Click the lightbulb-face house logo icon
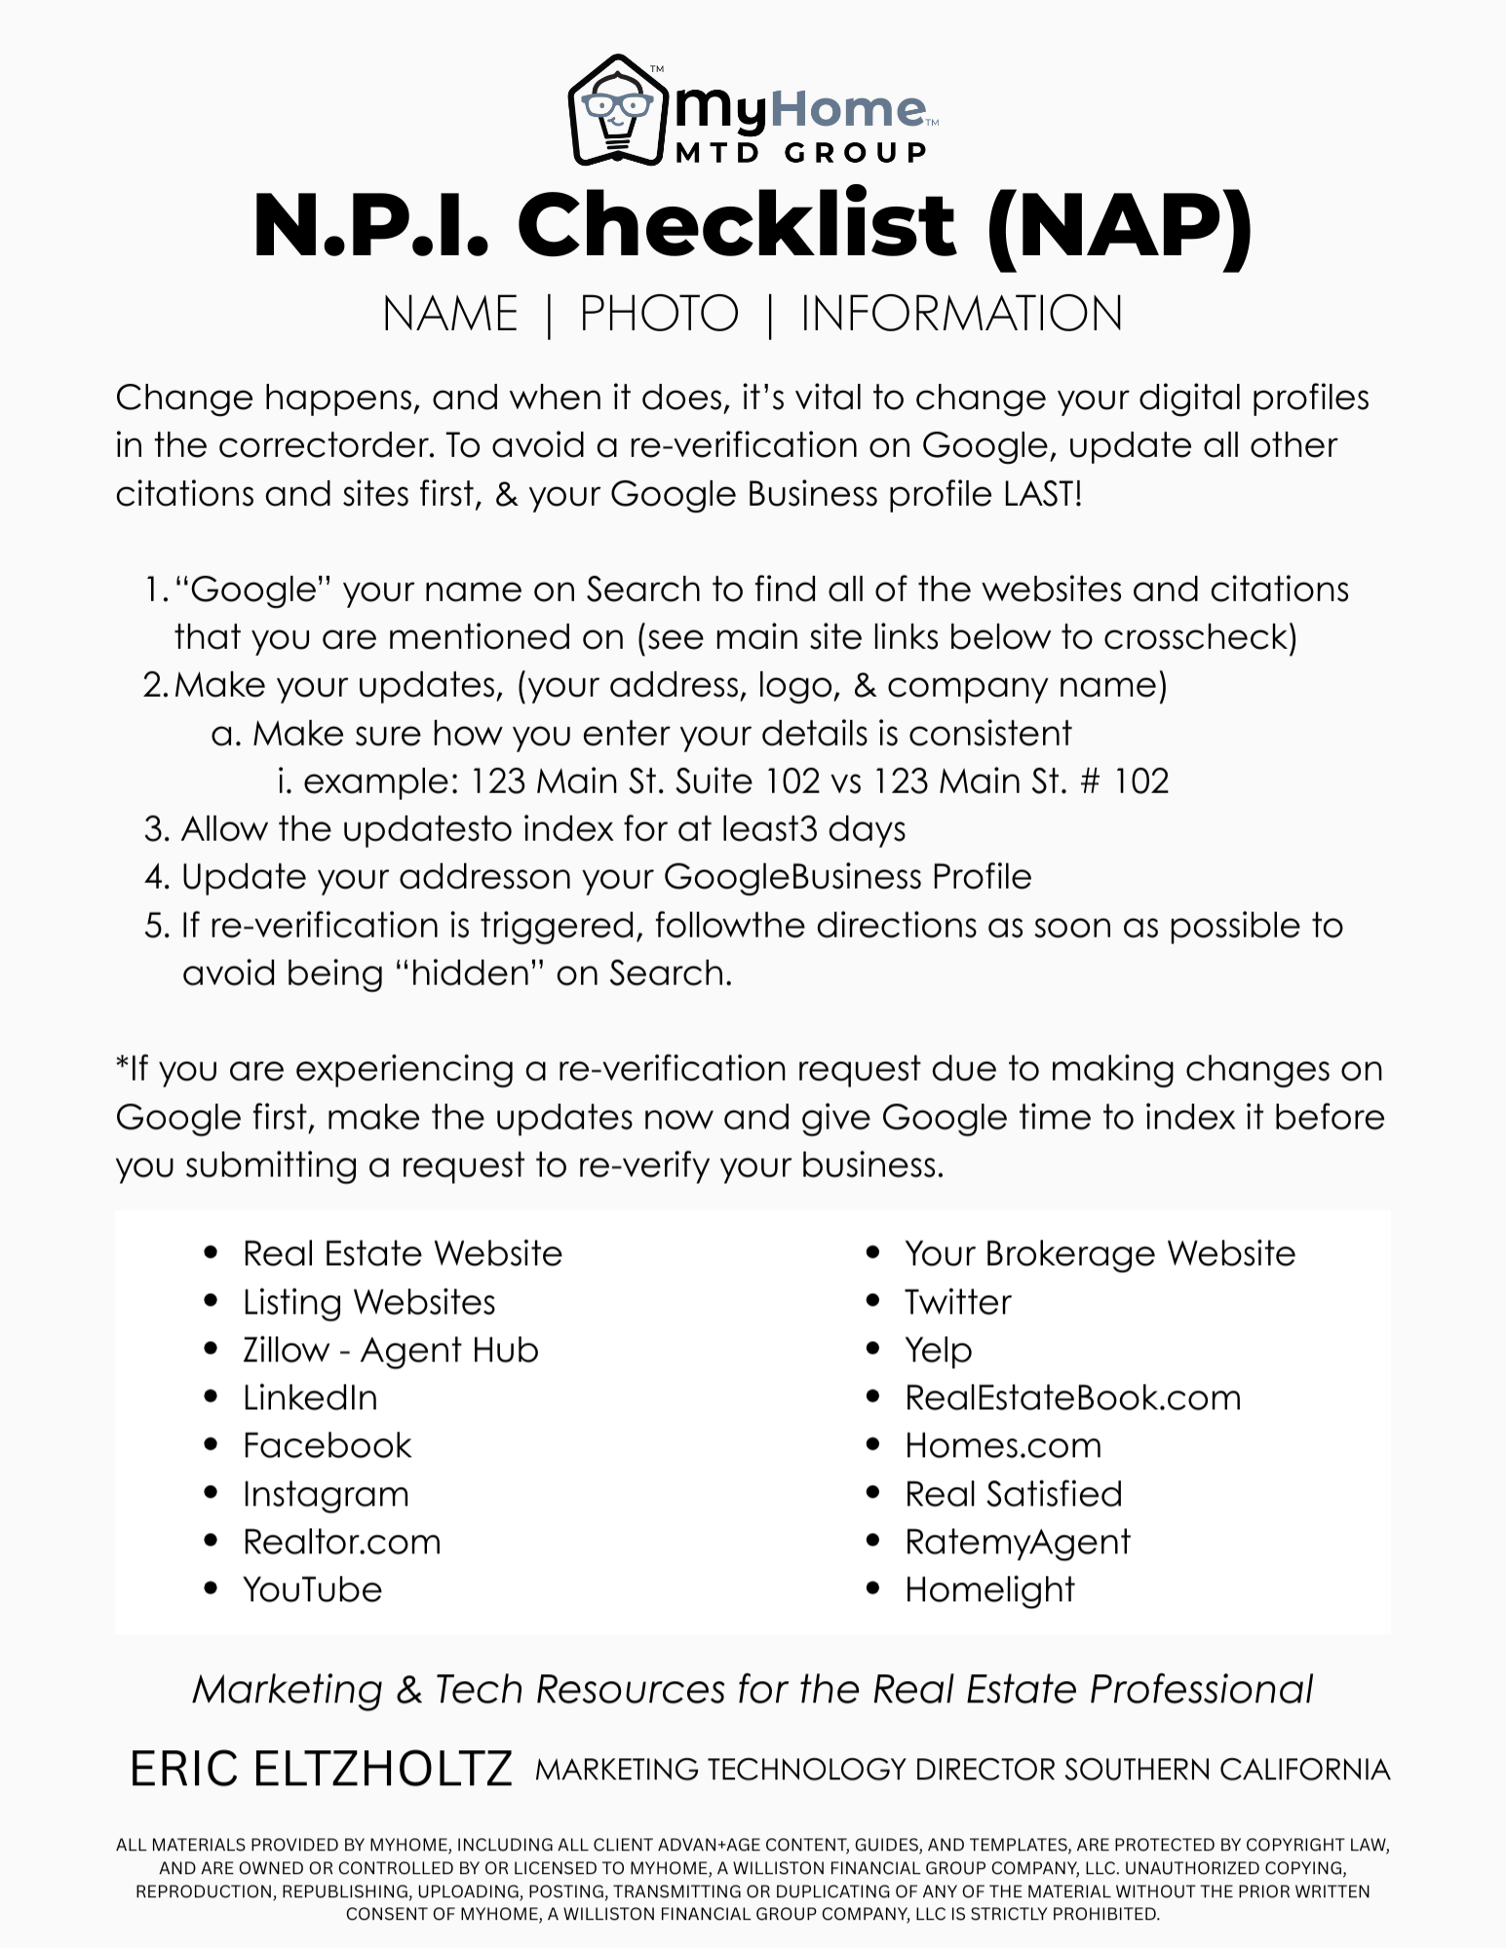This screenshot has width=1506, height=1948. pos(616,110)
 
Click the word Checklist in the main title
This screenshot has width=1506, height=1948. pos(736,225)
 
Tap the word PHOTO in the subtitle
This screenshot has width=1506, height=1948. pos(659,314)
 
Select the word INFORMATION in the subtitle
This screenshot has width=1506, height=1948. pos(961,314)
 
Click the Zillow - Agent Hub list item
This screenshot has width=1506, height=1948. pos(390,1350)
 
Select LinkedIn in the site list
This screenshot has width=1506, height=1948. pos(310,1397)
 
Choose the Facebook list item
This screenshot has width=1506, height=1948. pos(327,1445)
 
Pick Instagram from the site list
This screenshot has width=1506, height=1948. pos(326,1494)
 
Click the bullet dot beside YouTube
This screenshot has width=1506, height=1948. pos(211,1588)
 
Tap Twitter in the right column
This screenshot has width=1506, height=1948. pos(957,1302)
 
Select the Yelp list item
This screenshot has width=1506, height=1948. pos(938,1350)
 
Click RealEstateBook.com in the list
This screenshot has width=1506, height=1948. pos(1072,1397)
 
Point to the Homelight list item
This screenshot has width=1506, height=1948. pos(988,1589)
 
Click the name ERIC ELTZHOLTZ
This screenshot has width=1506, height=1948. pos(321,1769)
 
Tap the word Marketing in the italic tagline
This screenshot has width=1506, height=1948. pos(288,1690)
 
